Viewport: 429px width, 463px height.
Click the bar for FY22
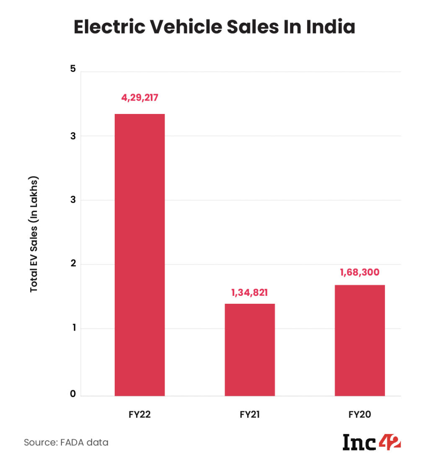(x=140, y=255)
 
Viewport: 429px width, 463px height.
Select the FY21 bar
(x=250, y=349)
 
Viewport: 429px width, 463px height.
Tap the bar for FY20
(x=359, y=340)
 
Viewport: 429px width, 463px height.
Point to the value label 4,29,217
(x=140, y=98)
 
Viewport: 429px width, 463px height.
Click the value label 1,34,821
(x=250, y=292)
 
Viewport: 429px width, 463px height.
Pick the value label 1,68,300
(x=359, y=273)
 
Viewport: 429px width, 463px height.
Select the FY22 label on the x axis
(x=140, y=415)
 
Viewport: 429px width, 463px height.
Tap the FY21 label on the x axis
(x=250, y=415)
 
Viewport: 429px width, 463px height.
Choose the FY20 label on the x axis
(x=359, y=415)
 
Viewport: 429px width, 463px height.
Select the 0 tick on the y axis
(x=73, y=394)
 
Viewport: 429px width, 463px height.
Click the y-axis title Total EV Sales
(x=34, y=234)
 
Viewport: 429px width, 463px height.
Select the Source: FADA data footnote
(x=66, y=442)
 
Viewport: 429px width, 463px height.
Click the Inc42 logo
(x=372, y=442)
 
